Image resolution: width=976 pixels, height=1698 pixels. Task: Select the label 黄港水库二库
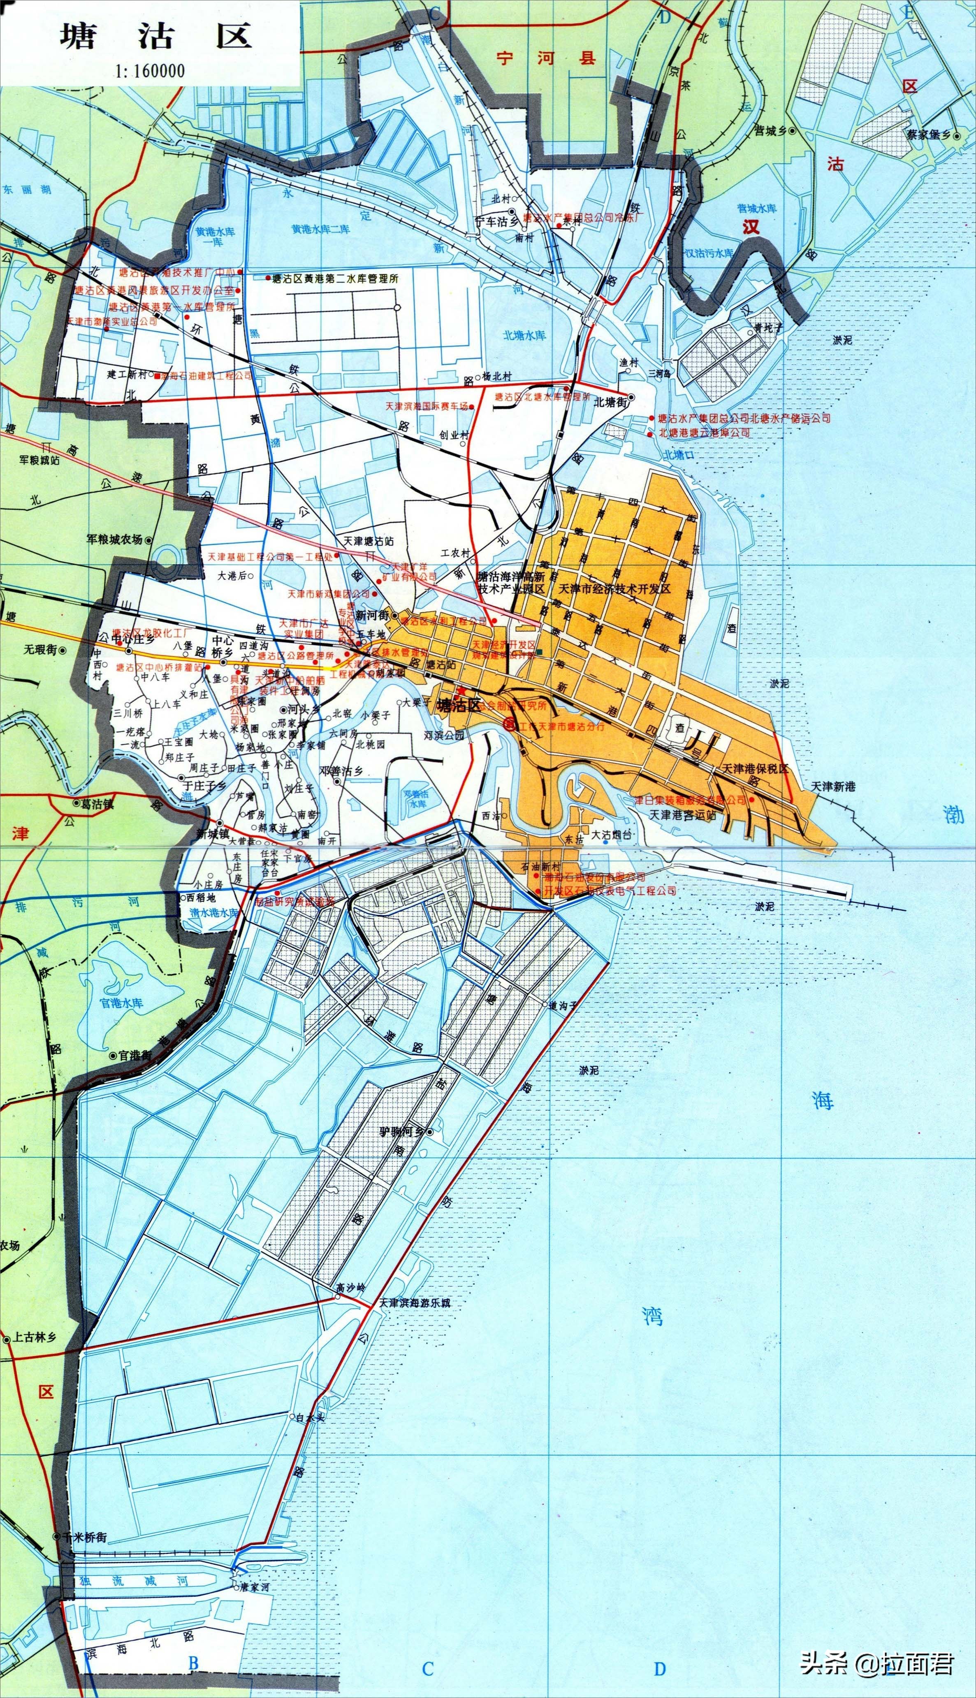tap(320, 229)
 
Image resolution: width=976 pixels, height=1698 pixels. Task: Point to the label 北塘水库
tap(524, 335)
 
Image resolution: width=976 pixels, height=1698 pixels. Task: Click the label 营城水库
tap(757, 209)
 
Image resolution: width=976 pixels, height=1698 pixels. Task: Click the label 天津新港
tap(833, 786)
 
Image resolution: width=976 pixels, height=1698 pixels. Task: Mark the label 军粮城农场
tap(115, 539)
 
